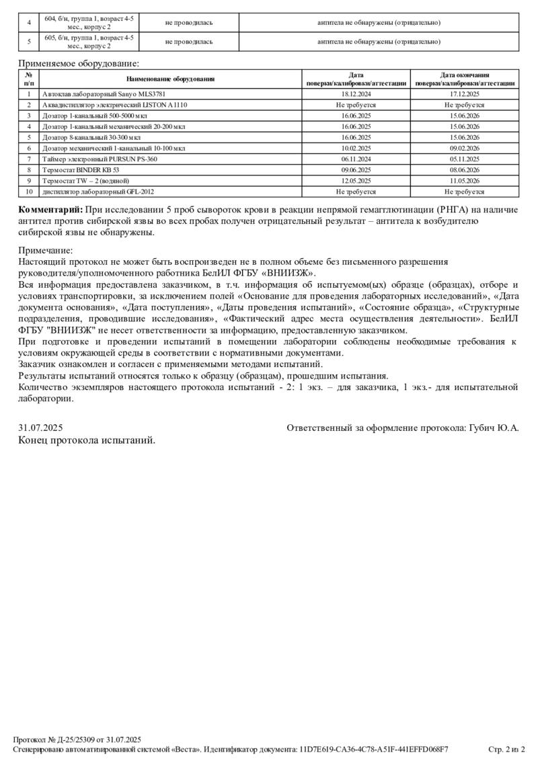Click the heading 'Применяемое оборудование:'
pyautogui.click(x=79, y=64)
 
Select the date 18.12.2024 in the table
pyautogui.click(x=356, y=95)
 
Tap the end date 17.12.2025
pyautogui.click(x=465, y=95)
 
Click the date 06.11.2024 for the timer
pyautogui.click(x=356, y=159)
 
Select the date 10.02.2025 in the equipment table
pyautogui.click(x=356, y=149)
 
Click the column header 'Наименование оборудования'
pyautogui.click(x=170, y=79)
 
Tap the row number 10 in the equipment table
pyautogui.click(x=29, y=192)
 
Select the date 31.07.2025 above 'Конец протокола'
pyautogui.click(x=40, y=428)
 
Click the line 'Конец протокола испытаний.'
pyautogui.click(x=87, y=440)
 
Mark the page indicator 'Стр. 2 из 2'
pyautogui.click(x=506, y=748)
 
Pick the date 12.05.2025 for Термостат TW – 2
pyautogui.click(x=356, y=181)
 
